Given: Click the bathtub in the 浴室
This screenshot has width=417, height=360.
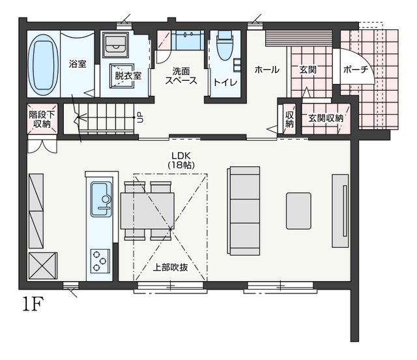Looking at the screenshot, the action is tap(43, 65).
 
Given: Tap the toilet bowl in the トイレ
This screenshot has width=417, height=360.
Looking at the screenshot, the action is tap(225, 46).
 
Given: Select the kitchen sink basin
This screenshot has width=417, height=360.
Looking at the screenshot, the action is tap(102, 199).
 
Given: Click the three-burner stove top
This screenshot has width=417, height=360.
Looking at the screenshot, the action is tap(100, 261).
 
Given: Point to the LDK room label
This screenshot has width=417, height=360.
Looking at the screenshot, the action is tap(181, 156).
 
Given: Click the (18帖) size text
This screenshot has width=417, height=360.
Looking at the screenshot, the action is tap(181, 166).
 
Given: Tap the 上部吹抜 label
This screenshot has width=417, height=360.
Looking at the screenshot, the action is tap(170, 267).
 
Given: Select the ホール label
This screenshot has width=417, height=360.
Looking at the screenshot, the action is tap(267, 70).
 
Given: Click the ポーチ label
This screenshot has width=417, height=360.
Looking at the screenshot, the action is tap(356, 70).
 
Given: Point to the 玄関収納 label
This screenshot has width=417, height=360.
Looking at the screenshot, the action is tap(326, 118).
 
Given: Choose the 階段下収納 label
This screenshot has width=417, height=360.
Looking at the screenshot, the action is tap(42, 119).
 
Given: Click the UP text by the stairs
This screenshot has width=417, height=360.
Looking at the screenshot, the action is tap(140, 117).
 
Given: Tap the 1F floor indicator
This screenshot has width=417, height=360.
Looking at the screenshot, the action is tap(33, 305).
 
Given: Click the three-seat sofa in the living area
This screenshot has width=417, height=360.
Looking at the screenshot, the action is tap(244, 211).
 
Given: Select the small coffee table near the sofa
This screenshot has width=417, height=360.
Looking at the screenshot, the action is tap(298, 211).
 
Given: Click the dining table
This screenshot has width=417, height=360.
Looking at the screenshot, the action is tap(148, 211).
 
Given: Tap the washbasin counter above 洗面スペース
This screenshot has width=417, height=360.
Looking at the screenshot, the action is tap(188, 40).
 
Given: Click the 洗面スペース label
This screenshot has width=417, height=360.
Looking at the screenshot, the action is tap(181, 76).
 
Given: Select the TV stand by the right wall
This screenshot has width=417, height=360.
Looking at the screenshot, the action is tap(340, 211).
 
